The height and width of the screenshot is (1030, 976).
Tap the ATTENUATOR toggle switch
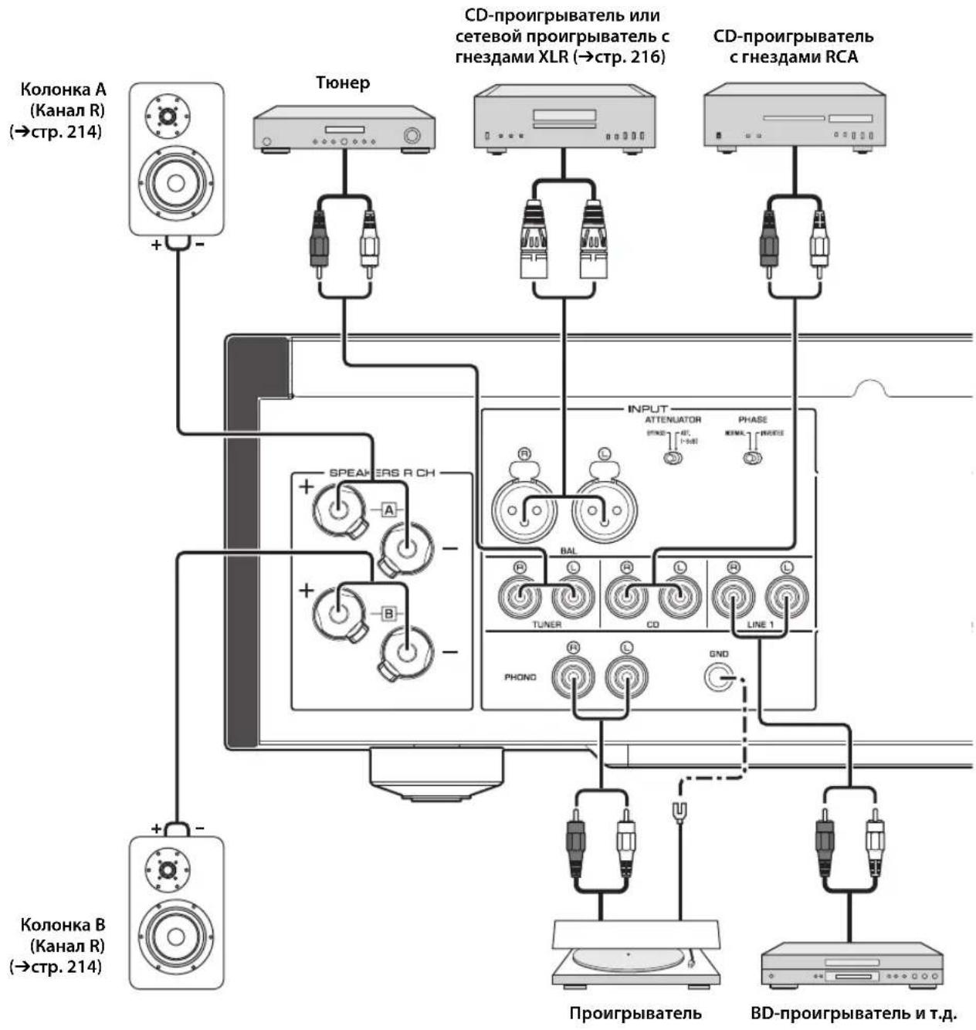click(x=673, y=459)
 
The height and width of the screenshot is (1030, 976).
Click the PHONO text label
click(x=520, y=677)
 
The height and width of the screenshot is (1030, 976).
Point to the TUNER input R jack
click(x=519, y=596)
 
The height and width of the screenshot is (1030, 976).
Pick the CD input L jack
click(x=679, y=596)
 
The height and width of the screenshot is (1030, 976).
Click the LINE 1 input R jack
click(x=733, y=596)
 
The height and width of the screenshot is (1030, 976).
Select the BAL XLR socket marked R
click(x=525, y=510)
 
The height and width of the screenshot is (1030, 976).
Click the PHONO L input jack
click(x=626, y=677)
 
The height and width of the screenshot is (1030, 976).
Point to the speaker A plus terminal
click(x=337, y=508)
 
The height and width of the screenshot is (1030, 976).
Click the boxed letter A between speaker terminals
click(x=388, y=510)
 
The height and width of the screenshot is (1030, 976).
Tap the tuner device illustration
click(x=344, y=131)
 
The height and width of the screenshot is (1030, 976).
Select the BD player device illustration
click(x=852, y=965)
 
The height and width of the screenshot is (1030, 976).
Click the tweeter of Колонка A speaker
click(x=168, y=117)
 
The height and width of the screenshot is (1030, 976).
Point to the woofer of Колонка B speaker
click(x=175, y=937)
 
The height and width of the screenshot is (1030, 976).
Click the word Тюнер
click(x=342, y=83)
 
